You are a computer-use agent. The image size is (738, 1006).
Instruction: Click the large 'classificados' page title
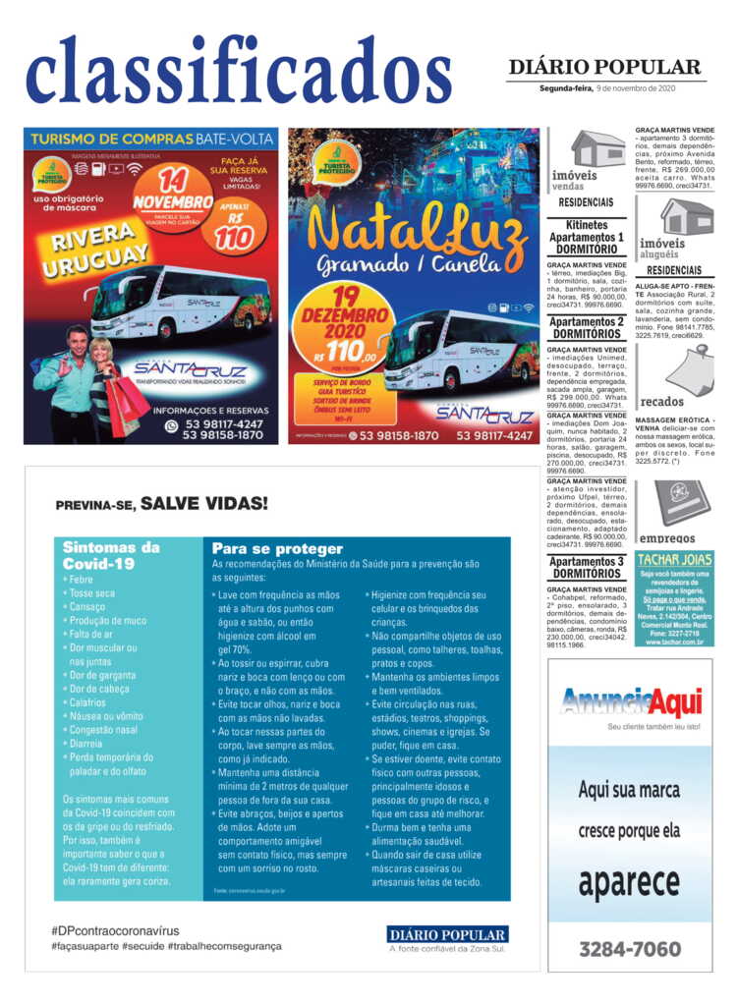point(239,71)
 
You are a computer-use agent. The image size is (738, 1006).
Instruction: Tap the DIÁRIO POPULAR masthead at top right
point(604,67)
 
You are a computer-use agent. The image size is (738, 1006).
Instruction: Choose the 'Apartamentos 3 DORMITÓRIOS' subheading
point(586,567)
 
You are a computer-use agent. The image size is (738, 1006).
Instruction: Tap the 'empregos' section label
point(667,538)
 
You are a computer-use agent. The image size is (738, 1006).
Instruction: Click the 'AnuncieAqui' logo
point(630,702)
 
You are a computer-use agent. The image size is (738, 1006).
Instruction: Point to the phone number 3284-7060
point(630,948)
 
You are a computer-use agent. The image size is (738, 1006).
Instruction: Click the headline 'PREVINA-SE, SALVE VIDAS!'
point(161,504)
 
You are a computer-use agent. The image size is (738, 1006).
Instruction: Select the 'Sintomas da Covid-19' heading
point(110,555)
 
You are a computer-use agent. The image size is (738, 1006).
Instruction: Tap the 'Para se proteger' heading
point(277,548)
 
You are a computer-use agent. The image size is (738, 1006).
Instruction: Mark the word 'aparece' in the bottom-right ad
point(629,883)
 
